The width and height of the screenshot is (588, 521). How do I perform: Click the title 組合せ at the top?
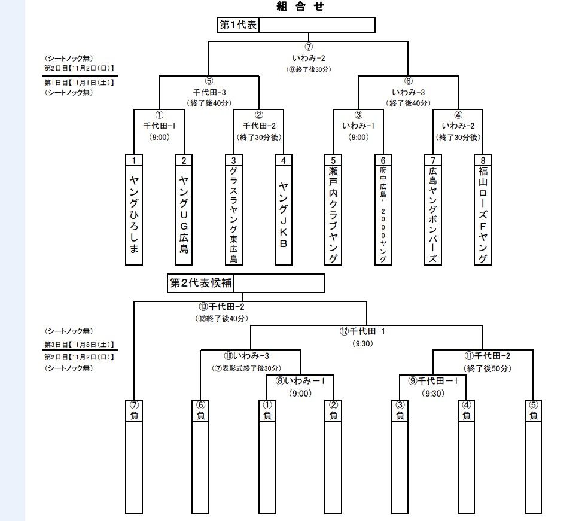[x=301, y=7]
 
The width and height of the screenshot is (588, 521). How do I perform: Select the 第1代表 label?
[x=238, y=25]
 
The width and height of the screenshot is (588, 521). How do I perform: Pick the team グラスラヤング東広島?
[x=233, y=214]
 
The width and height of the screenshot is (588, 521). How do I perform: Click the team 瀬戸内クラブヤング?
[x=333, y=214]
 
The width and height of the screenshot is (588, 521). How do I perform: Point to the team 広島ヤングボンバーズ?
[x=432, y=214]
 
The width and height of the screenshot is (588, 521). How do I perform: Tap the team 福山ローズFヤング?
[x=483, y=214]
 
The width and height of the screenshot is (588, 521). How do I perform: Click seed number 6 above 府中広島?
[x=383, y=160]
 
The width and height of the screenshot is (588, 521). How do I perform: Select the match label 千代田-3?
[x=208, y=92]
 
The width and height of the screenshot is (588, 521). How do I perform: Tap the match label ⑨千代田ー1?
[x=433, y=380]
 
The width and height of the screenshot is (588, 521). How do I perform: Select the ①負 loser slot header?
[x=267, y=410]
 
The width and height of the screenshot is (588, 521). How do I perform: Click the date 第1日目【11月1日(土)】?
[x=79, y=81]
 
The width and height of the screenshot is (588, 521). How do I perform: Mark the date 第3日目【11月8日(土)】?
[x=79, y=345]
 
